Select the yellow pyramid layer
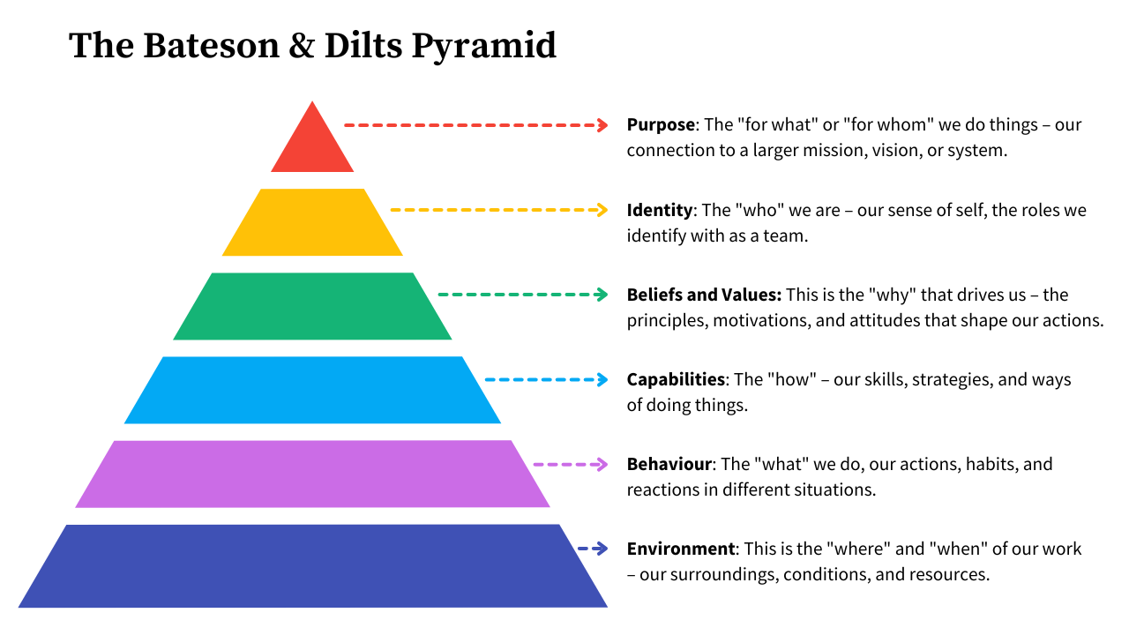(312, 222)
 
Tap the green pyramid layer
(312, 306)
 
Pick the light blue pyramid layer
(312, 390)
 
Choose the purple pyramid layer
(312, 474)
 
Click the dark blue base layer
(312, 566)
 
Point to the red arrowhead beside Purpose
(602, 125)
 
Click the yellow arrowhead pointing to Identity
(602, 210)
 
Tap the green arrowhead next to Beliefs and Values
(602, 295)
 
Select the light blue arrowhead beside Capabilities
(602, 379)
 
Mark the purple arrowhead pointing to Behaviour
(602, 464)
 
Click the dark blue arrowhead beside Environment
(602, 549)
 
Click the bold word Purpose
(661, 125)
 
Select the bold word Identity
(659, 210)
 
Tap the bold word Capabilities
(676, 379)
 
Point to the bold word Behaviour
(669, 464)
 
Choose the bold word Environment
(680, 549)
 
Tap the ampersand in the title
(303, 46)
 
